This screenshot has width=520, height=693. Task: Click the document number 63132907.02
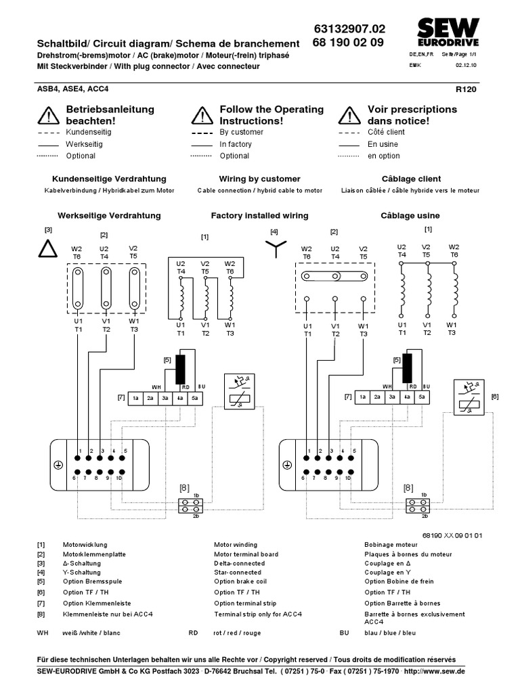tap(349, 29)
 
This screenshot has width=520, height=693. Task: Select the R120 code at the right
tap(467, 89)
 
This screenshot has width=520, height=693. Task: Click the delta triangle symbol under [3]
tap(48, 250)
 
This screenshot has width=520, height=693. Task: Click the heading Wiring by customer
tap(259, 179)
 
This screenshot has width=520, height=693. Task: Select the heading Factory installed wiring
tap(259, 215)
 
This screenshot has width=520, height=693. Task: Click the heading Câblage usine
tap(410, 215)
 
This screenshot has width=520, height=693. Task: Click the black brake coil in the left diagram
tap(181, 370)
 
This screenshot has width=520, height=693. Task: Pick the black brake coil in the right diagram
tap(407, 370)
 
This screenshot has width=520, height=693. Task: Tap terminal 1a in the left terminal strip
tap(135, 398)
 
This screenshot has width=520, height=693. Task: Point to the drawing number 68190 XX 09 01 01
tap(452, 535)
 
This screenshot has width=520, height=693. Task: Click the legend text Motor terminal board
tap(246, 554)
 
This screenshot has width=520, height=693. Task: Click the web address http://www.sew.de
tap(433, 671)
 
